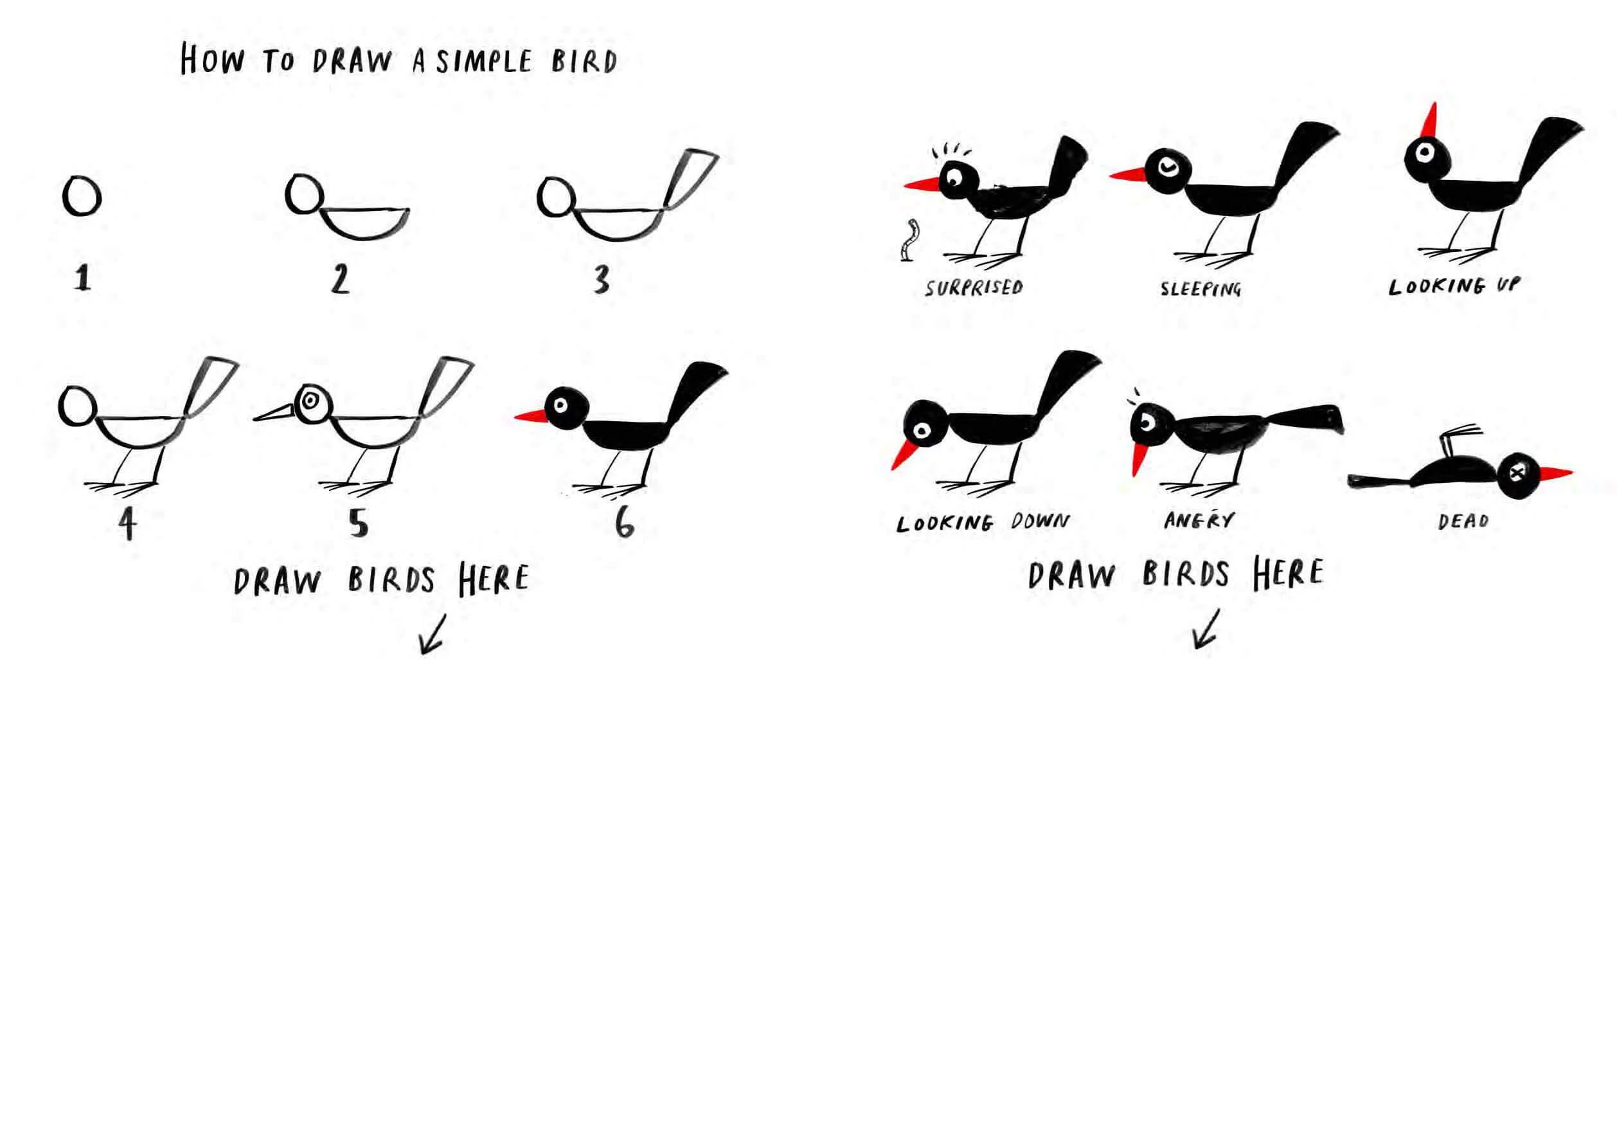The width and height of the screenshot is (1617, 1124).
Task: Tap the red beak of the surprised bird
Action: click(923, 184)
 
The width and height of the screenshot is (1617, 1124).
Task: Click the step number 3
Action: click(600, 279)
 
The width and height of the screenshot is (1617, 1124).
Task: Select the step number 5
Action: click(359, 523)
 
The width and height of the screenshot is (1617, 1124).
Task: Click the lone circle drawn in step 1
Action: click(82, 195)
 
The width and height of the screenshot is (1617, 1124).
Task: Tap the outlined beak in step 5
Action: click(275, 413)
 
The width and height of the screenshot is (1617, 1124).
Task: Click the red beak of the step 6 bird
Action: click(531, 416)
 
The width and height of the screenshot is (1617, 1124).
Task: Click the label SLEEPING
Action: click(1201, 288)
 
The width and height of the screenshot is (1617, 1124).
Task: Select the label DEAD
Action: click(1463, 521)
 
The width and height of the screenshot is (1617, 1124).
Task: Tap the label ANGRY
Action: click(1199, 520)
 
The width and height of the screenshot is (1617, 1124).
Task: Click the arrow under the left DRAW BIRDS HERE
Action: click(433, 634)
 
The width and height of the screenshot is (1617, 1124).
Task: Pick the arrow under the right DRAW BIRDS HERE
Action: click(1205, 629)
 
